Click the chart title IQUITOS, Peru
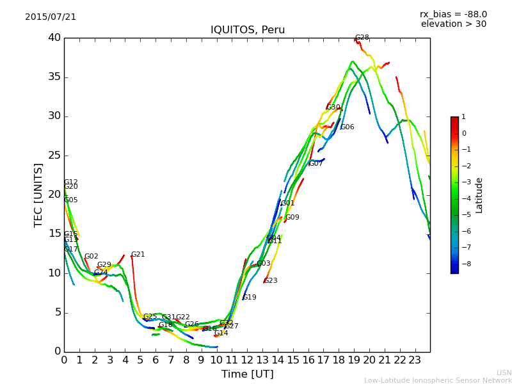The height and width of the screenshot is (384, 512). pyautogui.click(x=248, y=30)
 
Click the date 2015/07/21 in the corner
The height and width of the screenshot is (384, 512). pyautogui.click(x=51, y=17)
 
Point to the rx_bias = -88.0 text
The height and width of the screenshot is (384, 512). pyautogui.click(x=453, y=15)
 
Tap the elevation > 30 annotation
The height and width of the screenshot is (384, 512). pyautogui.click(x=453, y=24)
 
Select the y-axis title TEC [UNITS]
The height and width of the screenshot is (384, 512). pyautogui.click(x=38, y=195)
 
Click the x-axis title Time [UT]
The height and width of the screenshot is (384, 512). pyautogui.click(x=247, y=374)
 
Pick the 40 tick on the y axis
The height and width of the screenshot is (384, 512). pyautogui.click(x=54, y=38)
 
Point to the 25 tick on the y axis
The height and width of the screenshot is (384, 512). pyautogui.click(x=54, y=156)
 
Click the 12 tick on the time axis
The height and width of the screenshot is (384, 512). pyautogui.click(x=247, y=360)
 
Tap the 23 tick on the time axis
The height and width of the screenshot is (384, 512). pyautogui.click(x=415, y=360)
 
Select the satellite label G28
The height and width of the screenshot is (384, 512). pyautogui.click(x=362, y=38)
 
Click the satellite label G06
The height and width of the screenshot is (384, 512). pyautogui.click(x=348, y=127)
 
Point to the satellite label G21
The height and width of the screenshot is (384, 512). pyautogui.click(x=138, y=255)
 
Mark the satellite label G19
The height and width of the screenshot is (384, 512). pyautogui.click(x=250, y=298)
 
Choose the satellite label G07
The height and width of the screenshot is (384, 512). pyautogui.click(x=316, y=164)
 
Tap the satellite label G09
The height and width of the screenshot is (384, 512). pyautogui.click(x=292, y=218)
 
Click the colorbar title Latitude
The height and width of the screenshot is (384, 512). pyautogui.click(x=479, y=195)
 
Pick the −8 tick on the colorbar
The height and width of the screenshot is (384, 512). pyautogui.click(x=465, y=263)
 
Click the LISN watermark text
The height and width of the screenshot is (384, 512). pyautogui.click(x=504, y=372)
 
